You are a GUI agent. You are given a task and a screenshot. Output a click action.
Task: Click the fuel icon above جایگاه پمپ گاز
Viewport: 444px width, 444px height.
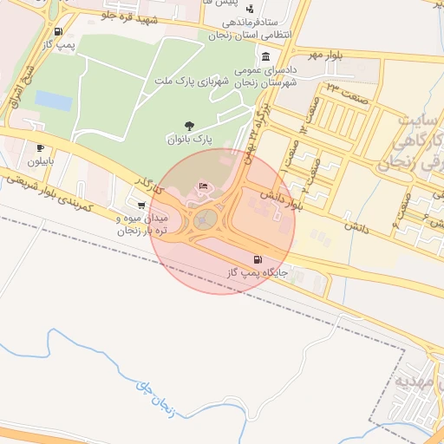click(x=257, y=259)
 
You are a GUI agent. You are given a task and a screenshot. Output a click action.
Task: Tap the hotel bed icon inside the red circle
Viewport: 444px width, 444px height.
click(x=204, y=186)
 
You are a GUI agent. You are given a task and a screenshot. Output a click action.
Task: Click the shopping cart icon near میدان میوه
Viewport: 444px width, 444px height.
click(x=141, y=206)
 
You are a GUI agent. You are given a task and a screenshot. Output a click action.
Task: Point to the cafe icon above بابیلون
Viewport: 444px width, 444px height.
click(x=40, y=148)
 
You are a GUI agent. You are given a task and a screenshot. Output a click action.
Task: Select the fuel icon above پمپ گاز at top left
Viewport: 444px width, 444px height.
click(x=58, y=31)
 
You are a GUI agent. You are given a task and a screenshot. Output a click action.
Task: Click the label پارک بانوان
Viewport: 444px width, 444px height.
click(x=189, y=139)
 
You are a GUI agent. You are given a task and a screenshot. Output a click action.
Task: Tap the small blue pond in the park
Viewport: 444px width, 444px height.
click(x=53, y=101)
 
